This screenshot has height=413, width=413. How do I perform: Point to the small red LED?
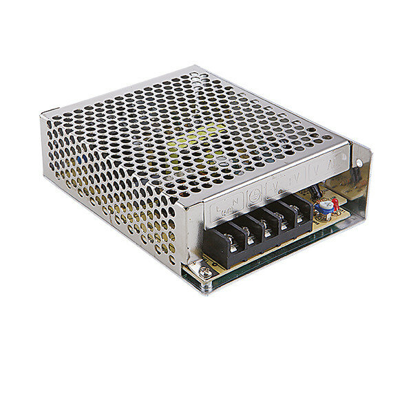coord(335,203)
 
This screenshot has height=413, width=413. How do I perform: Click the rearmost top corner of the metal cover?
coord(196,67)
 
